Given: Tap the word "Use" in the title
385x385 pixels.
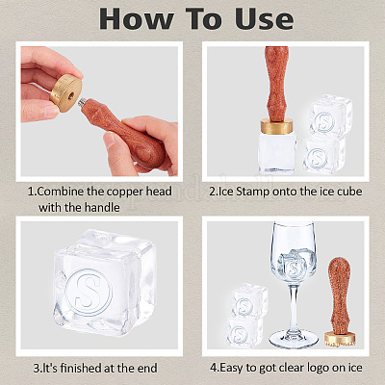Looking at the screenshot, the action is tap(264, 18).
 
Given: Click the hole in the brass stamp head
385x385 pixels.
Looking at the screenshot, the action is tap(71, 95).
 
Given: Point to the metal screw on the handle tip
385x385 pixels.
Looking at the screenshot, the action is tap(81, 104).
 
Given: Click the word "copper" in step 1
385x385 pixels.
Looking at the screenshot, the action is tap(125, 192).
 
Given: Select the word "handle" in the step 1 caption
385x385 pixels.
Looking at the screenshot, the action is tap(99, 207).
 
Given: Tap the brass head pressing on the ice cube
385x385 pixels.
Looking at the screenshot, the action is tap(276, 126).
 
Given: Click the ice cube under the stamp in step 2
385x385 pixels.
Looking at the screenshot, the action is tap(277, 153).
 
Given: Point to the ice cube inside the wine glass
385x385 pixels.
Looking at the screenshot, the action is tap(294, 263).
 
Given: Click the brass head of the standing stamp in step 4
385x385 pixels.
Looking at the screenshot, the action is tap(340, 339).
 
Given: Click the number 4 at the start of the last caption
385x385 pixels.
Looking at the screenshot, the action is tap(213, 368).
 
